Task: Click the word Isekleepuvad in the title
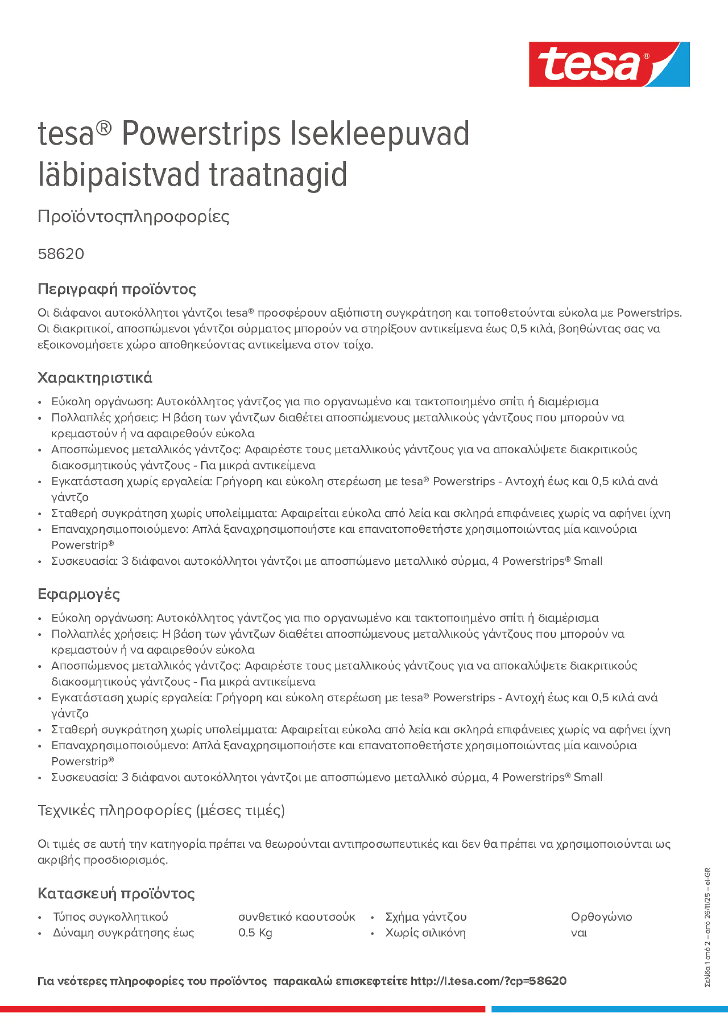pyautogui.click(x=379, y=134)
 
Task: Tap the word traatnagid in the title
pyautogui.click(x=278, y=175)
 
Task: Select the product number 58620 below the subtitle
pyautogui.click(x=61, y=254)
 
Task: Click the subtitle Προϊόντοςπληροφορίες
pyautogui.click(x=133, y=217)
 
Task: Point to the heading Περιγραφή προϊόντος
pyautogui.click(x=117, y=289)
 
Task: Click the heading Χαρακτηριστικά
pyautogui.click(x=95, y=378)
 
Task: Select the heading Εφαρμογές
pyautogui.click(x=79, y=594)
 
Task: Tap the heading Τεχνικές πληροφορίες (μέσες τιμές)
pyautogui.click(x=161, y=811)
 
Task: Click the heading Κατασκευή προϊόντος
pyautogui.click(x=116, y=893)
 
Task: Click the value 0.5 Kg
pyautogui.click(x=255, y=933)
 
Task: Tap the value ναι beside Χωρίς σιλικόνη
pyautogui.click(x=579, y=933)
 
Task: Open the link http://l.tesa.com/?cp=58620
pyautogui.click(x=488, y=981)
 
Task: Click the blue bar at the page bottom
pyautogui.click(x=609, y=1009)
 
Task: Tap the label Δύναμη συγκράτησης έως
pyautogui.click(x=123, y=933)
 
